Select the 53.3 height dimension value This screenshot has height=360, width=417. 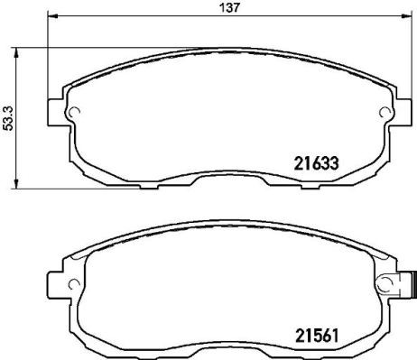pos(8,117)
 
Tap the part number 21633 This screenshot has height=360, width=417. pos(316,164)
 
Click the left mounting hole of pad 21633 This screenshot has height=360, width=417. pos(76,113)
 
